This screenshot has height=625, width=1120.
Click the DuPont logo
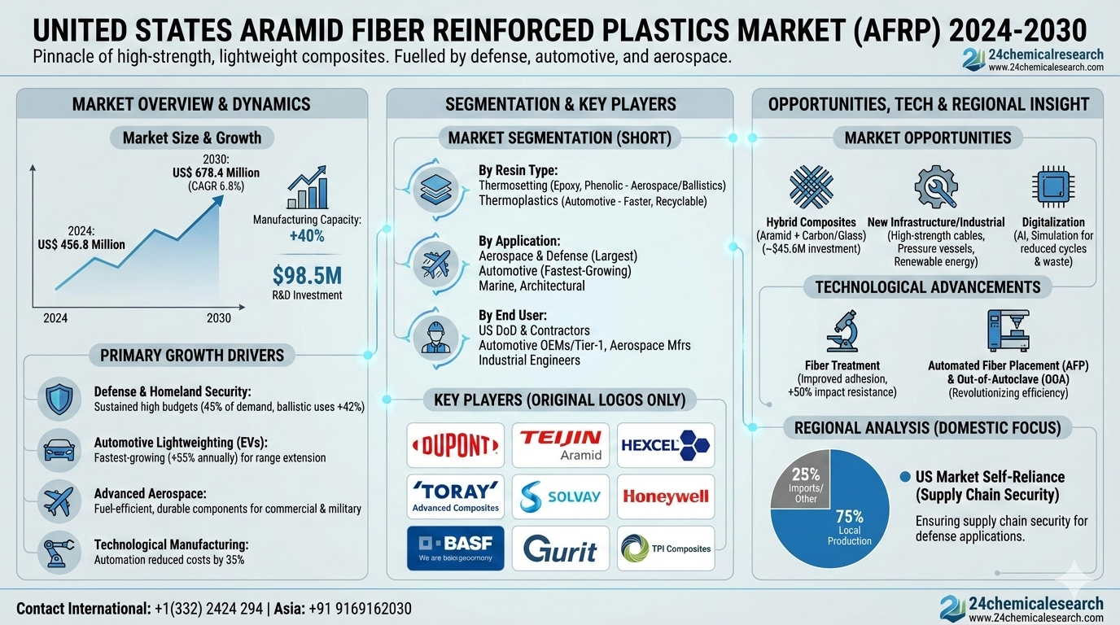coord(455,445)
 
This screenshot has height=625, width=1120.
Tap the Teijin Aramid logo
coord(560,445)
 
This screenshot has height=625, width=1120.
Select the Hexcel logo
coord(665,445)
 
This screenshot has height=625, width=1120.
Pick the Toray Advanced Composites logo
coord(455,496)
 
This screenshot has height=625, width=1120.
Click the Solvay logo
coord(560,496)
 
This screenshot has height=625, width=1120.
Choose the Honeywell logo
coord(665,496)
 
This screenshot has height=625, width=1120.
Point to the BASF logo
coord(455,549)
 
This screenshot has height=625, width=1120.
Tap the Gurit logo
coord(560,549)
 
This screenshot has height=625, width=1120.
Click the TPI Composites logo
coord(665,549)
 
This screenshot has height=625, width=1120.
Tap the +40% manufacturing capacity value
coord(306,236)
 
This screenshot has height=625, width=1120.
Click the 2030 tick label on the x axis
coord(218,318)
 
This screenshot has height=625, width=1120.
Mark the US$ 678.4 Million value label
coord(217,173)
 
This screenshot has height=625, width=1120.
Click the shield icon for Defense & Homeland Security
coord(59,399)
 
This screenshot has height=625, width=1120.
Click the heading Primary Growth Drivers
coord(192,355)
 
